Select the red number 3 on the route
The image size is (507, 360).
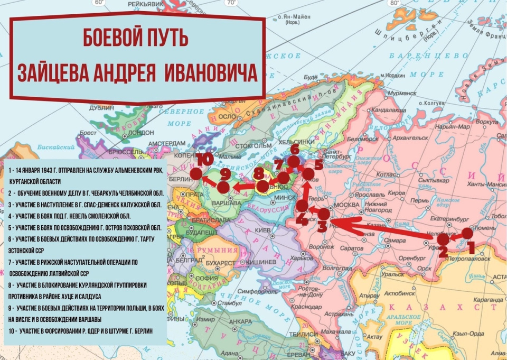tap(322, 227)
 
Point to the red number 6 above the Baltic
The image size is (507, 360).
tap(295, 150)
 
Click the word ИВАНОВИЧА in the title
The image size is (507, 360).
tap(211, 73)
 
